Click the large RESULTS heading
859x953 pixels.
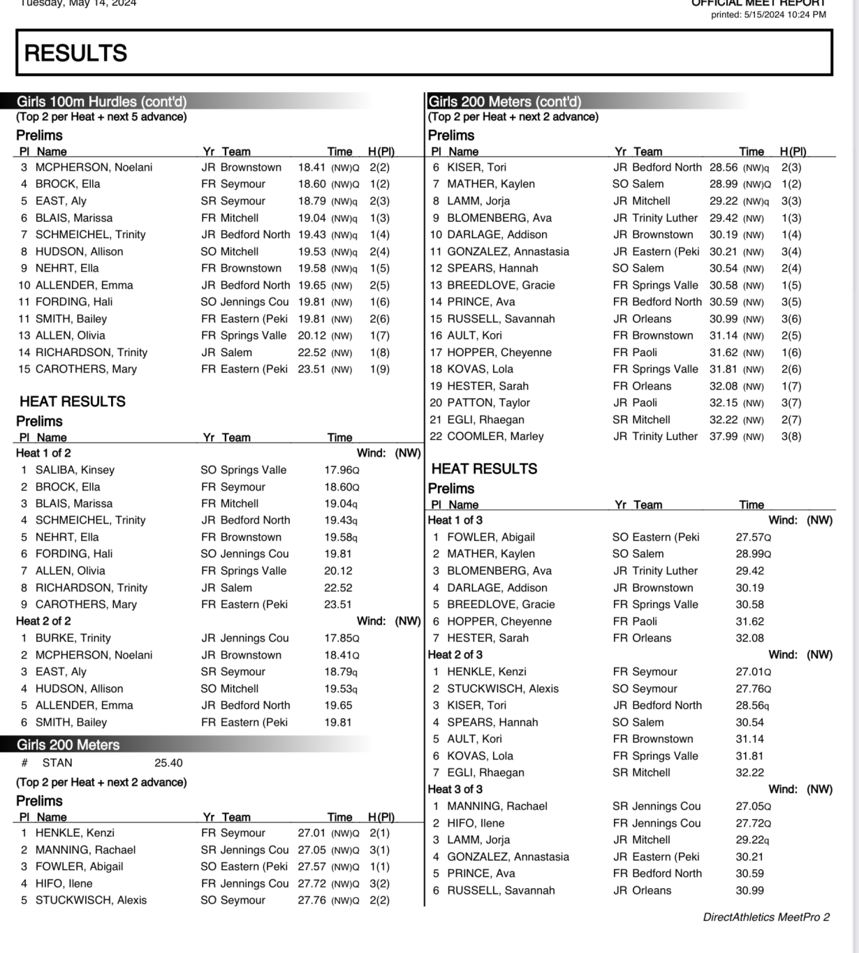pyautogui.click(x=75, y=54)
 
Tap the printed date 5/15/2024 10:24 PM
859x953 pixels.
pyautogui.click(x=768, y=15)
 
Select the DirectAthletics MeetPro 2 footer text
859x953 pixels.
pyautogui.click(x=766, y=917)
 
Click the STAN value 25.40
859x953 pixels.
pyautogui.click(x=168, y=763)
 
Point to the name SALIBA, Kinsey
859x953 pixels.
pyautogui.click(x=75, y=470)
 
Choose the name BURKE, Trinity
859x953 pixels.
pyautogui.click(x=73, y=638)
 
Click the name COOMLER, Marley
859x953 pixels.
pyautogui.click(x=495, y=436)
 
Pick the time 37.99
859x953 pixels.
pyautogui.click(x=723, y=436)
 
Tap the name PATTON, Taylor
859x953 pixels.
pyautogui.click(x=488, y=403)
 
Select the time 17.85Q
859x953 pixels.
pyautogui.click(x=342, y=638)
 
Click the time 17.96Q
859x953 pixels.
pyautogui.click(x=342, y=470)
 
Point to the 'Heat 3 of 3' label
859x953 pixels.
pyautogui.click(x=455, y=790)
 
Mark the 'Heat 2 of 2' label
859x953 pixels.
pyautogui.click(x=43, y=621)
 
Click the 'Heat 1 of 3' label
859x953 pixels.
pyautogui.click(x=455, y=520)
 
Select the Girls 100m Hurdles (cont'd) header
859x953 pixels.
pyautogui.click(x=101, y=101)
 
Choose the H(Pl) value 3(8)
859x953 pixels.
pyautogui.click(x=791, y=436)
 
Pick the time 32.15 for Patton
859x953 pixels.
pyautogui.click(x=723, y=403)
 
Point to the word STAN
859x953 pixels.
pyautogui.click(x=57, y=763)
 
